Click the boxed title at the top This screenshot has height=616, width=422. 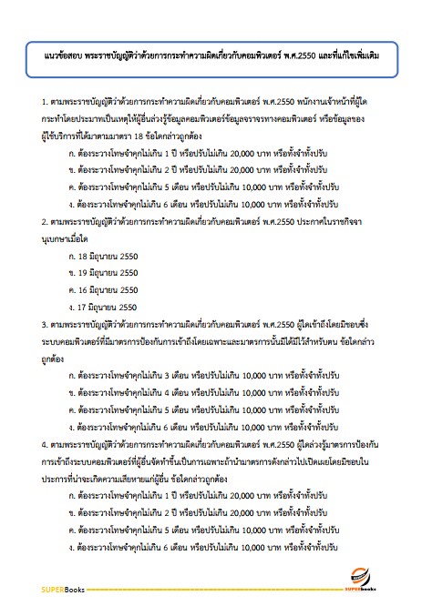point(211,56)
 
